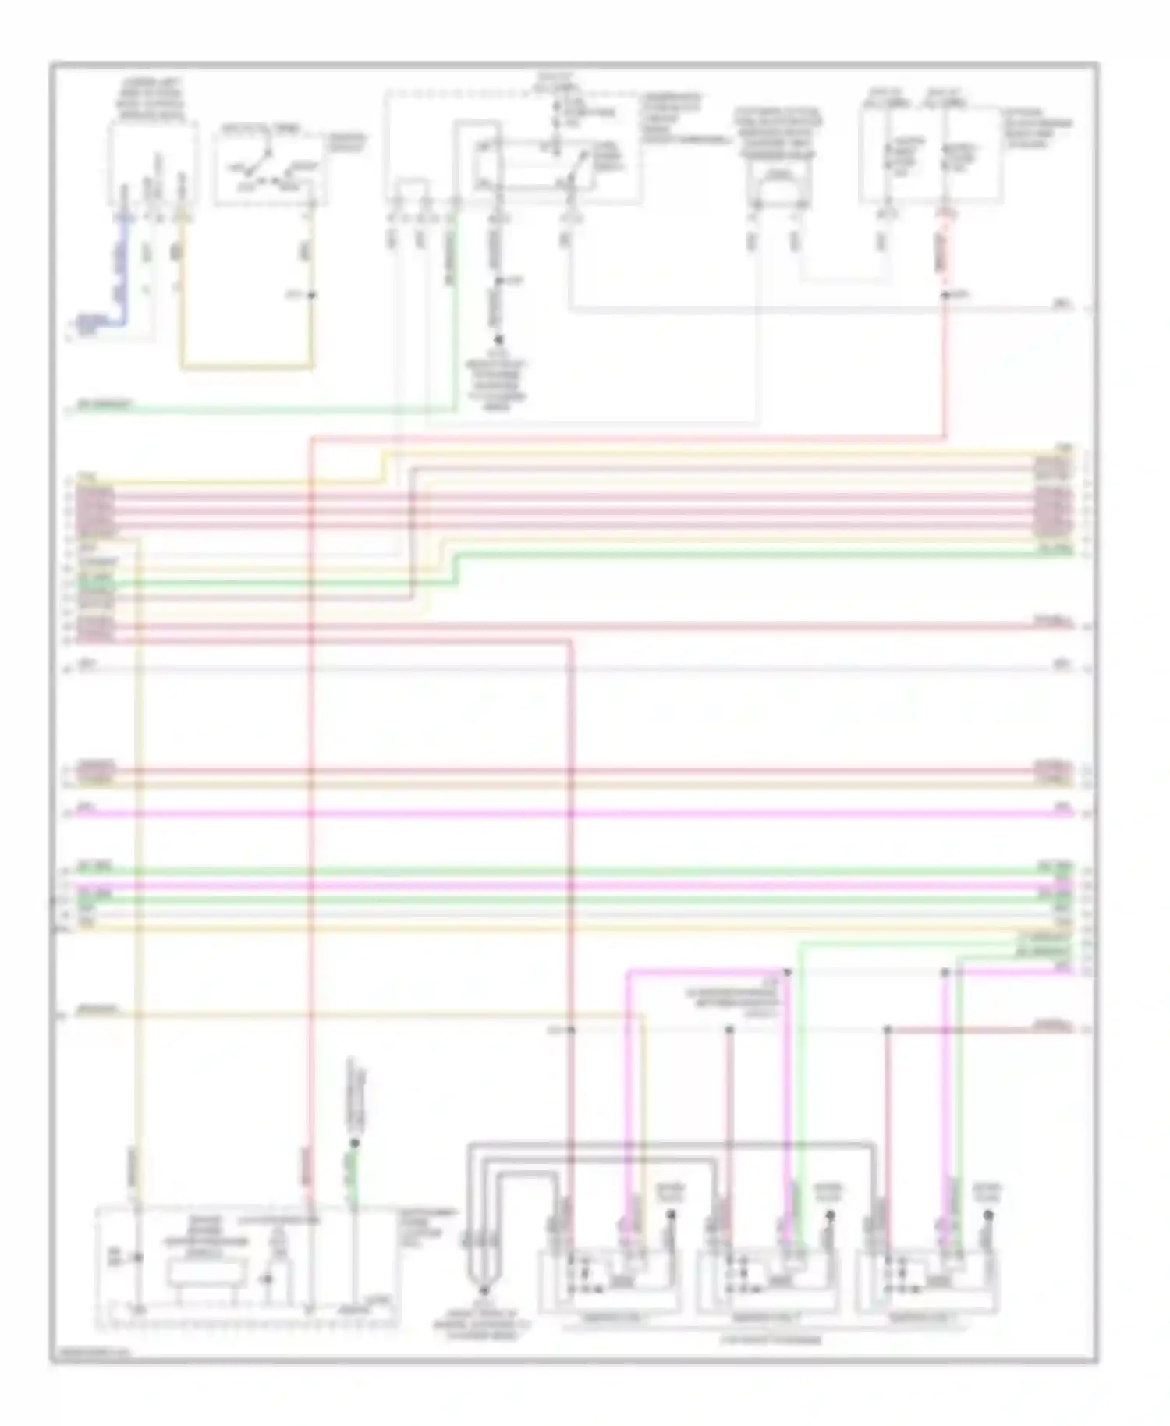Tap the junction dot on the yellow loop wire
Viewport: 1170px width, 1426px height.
(x=311, y=295)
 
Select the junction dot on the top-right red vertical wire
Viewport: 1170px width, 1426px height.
(x=945, y=295)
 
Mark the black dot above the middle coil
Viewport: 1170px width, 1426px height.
(x=830, y=1215)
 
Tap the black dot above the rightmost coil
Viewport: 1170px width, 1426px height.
(x=988, y=1215)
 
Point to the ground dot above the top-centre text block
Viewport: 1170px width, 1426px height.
(x=498, y=340)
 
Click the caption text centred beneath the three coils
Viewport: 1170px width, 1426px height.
(x=768, y=1340)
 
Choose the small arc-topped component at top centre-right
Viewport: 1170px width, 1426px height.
(x=775, y=184)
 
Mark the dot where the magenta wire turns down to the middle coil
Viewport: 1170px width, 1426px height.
(x=787, y=973)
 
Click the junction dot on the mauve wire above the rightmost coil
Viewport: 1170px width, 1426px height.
(x=887, y=1030)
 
